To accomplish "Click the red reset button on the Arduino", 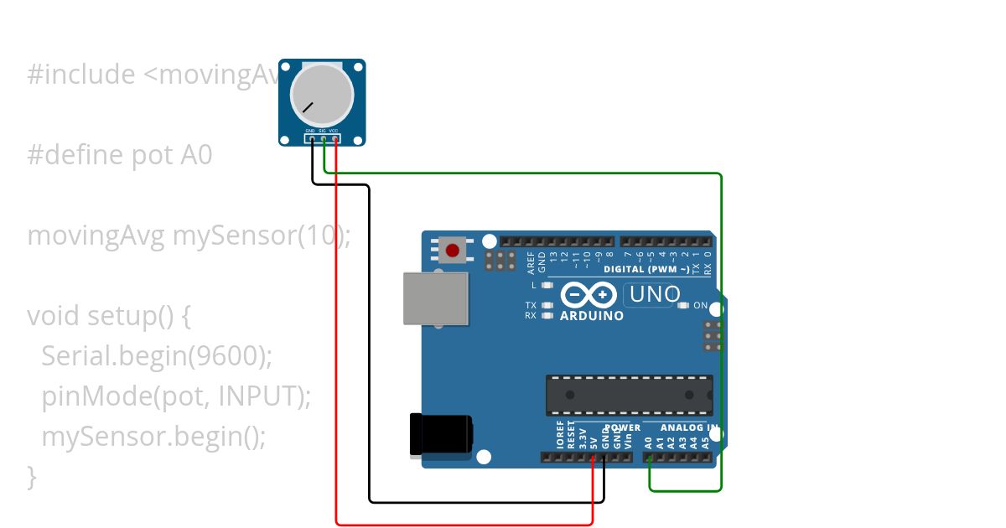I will [x=453, y=250].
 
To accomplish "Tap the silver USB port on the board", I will [x=435, y=298].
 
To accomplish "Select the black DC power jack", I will [x=439, y=436].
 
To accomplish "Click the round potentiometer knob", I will [x=322, y=92].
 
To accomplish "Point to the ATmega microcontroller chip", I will [x=629, y=395].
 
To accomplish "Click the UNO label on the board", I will [x=655, y=295].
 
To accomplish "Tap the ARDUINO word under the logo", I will [x=591, y=316].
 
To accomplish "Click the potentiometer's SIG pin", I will [x=323, y=138].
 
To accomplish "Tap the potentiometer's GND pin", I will [x=311, y=138].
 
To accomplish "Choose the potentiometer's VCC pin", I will [x=334, y=138].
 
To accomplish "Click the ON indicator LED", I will [x=683, y=306].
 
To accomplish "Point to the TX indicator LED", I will [x=547, y=306].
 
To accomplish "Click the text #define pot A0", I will [x=120, y=155].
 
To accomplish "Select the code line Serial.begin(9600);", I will [x=157, y=356].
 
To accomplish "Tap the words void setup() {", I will [x=110, y=316].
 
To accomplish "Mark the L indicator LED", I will [x=547, y=285].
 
